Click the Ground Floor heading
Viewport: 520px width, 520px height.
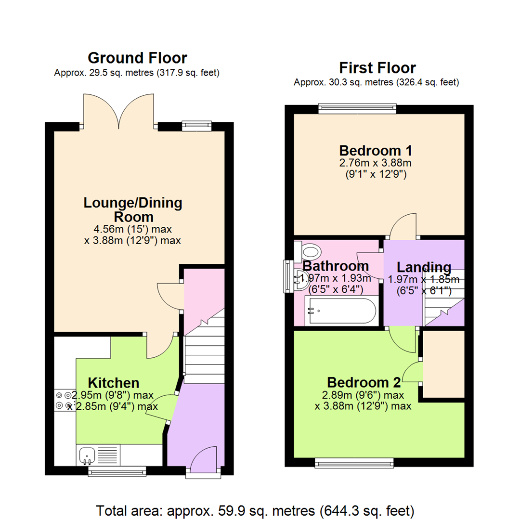[x=137, y=58]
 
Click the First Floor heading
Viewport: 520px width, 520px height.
[x=377, y=67]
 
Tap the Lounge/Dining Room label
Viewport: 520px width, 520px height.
[x=133, y=209]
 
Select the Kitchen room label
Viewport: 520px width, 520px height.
[x=114, y=383]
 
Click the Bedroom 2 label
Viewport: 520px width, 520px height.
[x=364, y=383]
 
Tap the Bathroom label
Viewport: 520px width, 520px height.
[x=336, y=266]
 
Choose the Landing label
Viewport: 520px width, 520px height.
[x=423, y=267]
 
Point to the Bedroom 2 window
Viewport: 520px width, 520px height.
[x=353, y=463]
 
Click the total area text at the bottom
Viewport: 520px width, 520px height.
[x=255, y=509]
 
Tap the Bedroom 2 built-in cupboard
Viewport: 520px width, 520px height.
[x=443, y=364]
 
